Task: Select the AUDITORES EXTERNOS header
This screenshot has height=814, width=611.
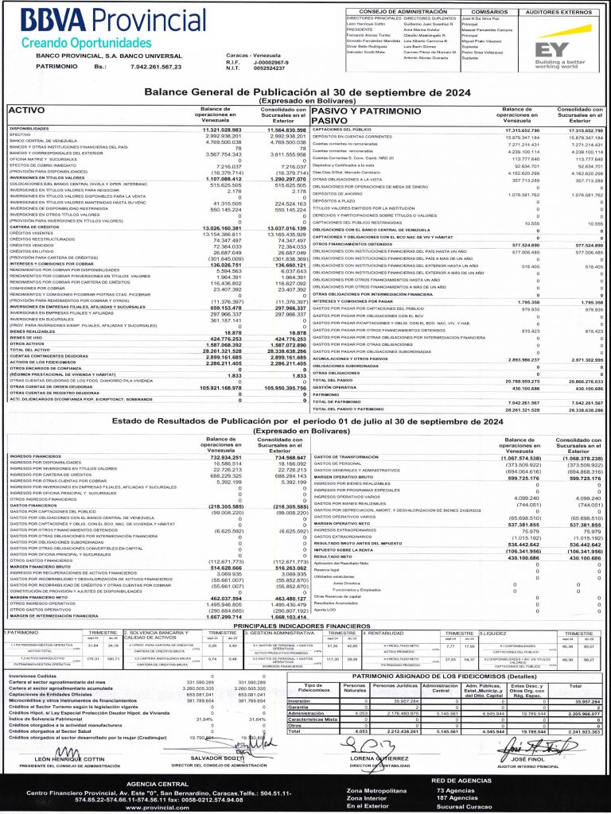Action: coord(551,12)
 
